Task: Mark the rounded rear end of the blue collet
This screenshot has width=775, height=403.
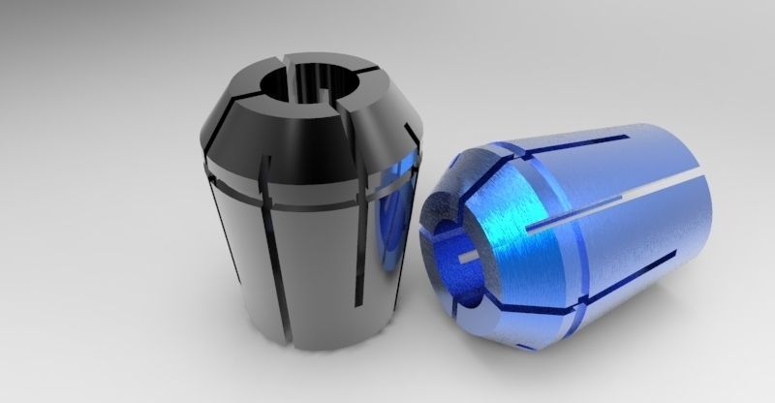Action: [x=693, y=208]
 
